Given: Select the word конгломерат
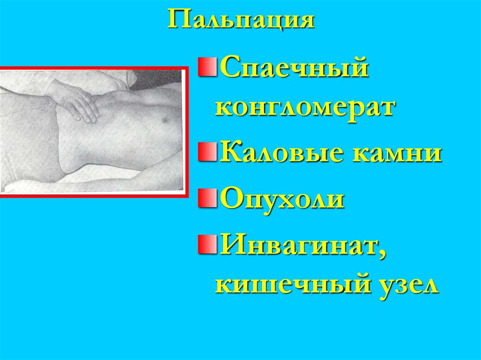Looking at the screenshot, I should pyautogui.click(x=304, y=107).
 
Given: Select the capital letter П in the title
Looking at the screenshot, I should pyautogui.click(x=178, y=20).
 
